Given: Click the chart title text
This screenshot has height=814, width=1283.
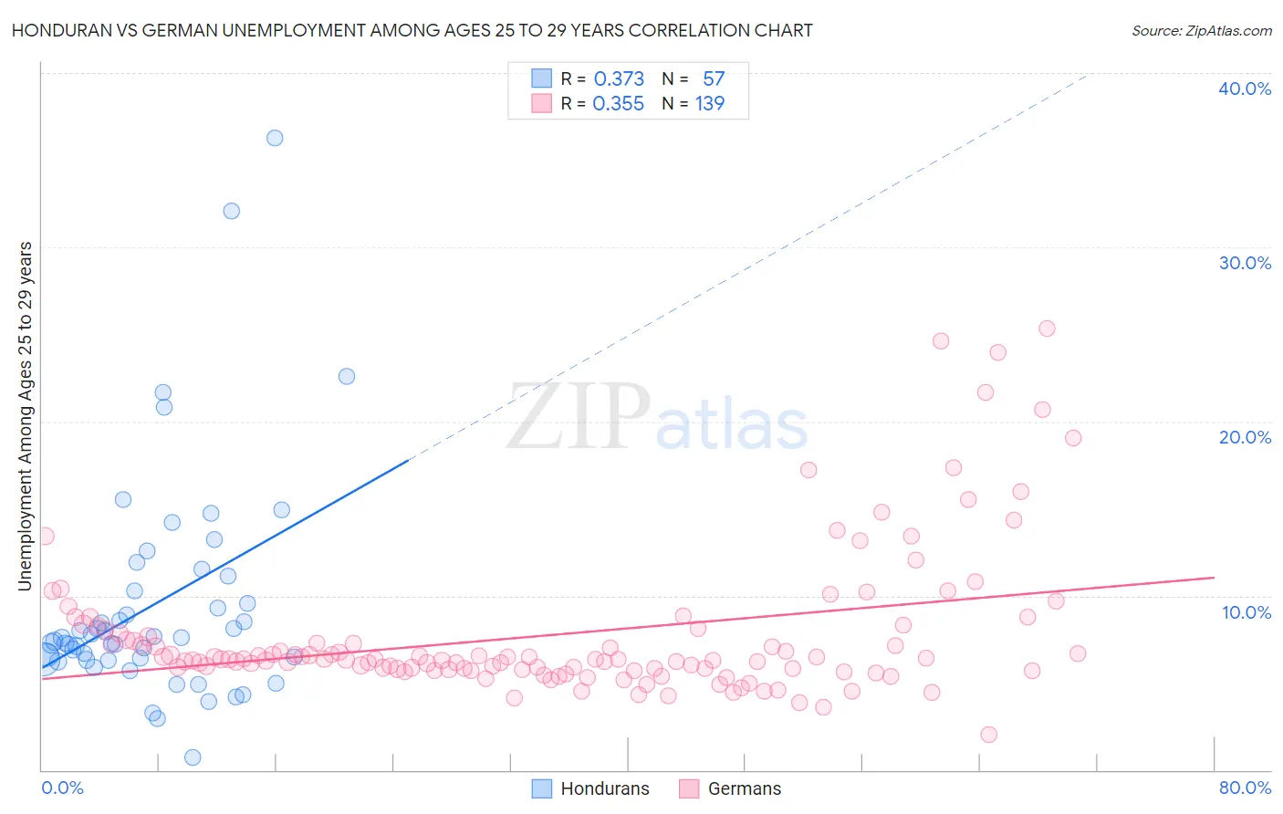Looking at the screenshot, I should (412, 30).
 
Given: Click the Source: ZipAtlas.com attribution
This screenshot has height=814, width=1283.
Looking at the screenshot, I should (1201, 30).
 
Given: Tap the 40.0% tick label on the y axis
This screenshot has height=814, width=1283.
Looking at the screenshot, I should (1244, 89).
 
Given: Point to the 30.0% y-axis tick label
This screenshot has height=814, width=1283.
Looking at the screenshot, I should (1244, 263).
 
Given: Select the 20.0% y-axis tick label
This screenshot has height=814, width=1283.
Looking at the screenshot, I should (1244, 437).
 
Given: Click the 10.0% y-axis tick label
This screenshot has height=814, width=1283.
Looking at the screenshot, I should (1246, 612).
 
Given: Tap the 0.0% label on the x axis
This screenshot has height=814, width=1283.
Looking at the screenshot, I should (62, 788).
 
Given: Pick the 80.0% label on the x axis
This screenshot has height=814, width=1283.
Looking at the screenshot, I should (1245, 788).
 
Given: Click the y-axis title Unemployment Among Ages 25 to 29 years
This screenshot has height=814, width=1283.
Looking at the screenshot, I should (26, 416).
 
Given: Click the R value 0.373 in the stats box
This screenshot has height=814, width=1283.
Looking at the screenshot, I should (619, 79).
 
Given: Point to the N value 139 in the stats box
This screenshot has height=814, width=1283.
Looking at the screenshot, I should (710, 104).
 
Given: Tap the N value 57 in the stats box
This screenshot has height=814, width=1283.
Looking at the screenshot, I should (713, 79).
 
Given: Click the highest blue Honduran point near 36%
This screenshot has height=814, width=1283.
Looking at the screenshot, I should (275, 138).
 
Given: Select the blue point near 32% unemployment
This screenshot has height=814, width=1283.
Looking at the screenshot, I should (232, 211).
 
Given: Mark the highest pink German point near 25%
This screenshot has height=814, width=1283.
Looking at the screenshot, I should (1047, 329).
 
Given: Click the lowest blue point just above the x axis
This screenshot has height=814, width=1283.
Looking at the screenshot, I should (193, 757).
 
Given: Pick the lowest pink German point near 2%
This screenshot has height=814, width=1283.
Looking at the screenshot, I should (988, 735).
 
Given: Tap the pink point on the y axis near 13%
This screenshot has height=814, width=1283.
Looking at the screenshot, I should (45, 537).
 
